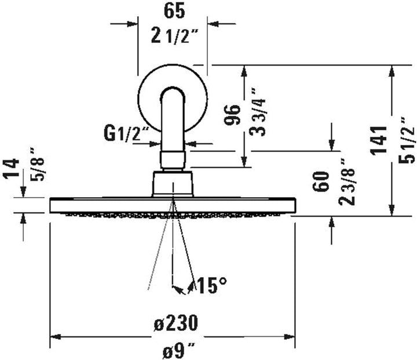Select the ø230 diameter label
click(173, 322)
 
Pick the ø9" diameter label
click(173, 350)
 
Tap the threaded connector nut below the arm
click(172, 160)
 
